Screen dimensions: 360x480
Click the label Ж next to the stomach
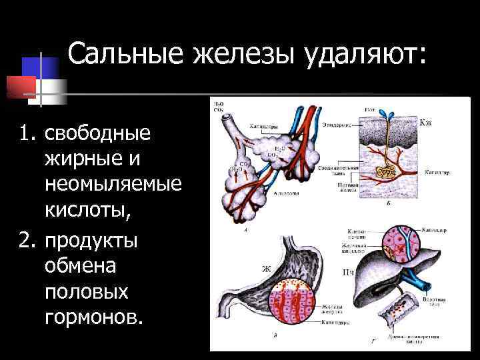(265, 269)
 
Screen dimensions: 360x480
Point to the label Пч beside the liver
(347, 272)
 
